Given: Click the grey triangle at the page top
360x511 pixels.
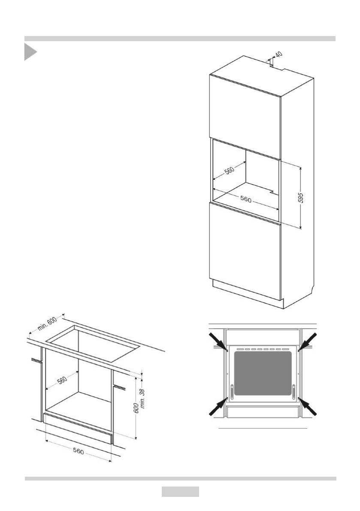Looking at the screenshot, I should click(30, 52).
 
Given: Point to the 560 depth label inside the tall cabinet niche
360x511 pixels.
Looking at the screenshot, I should click(230, 170).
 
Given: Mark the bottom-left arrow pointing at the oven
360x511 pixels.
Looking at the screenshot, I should click(218, 406).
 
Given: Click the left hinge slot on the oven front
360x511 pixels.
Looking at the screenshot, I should click(232, 391).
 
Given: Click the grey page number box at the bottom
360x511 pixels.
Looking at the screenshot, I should click(180, 492).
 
